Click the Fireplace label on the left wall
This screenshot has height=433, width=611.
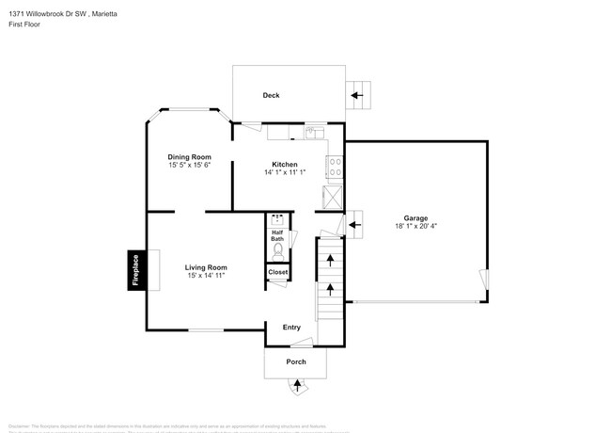(x=135, y=270)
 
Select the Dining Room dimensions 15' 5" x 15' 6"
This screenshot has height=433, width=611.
(x=189, y=165)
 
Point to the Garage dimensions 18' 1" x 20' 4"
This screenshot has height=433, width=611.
(x=415, y=225)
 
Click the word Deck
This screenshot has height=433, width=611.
(x=271, y=95)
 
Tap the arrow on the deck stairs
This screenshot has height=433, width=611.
(x=357, y=94)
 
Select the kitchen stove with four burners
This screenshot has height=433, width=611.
(x=334, y=168)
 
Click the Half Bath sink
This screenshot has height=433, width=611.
(x=277, y=223)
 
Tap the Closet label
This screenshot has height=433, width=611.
(x=278, y=272)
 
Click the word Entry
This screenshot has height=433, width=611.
(x=291, y=327)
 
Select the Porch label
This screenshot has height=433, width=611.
(x=296, y=361)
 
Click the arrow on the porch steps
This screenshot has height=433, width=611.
(x=298, y=384)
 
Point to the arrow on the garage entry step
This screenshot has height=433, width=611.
(x=355, y=224)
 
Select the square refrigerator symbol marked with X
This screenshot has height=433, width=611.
(x=333, y=198)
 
